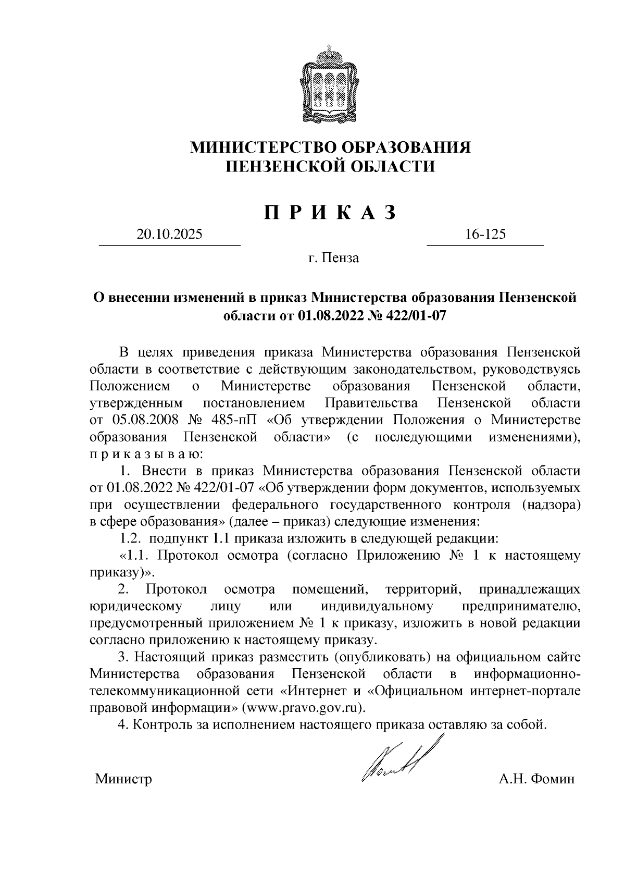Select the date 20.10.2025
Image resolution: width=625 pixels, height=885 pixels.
[169, 235]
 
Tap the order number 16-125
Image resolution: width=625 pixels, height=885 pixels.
[485, 235]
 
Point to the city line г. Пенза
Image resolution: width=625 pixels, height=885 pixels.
[333, 257]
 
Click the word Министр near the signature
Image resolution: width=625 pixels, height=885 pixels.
[123, 780]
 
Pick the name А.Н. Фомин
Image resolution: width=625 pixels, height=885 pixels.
[536, 780]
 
